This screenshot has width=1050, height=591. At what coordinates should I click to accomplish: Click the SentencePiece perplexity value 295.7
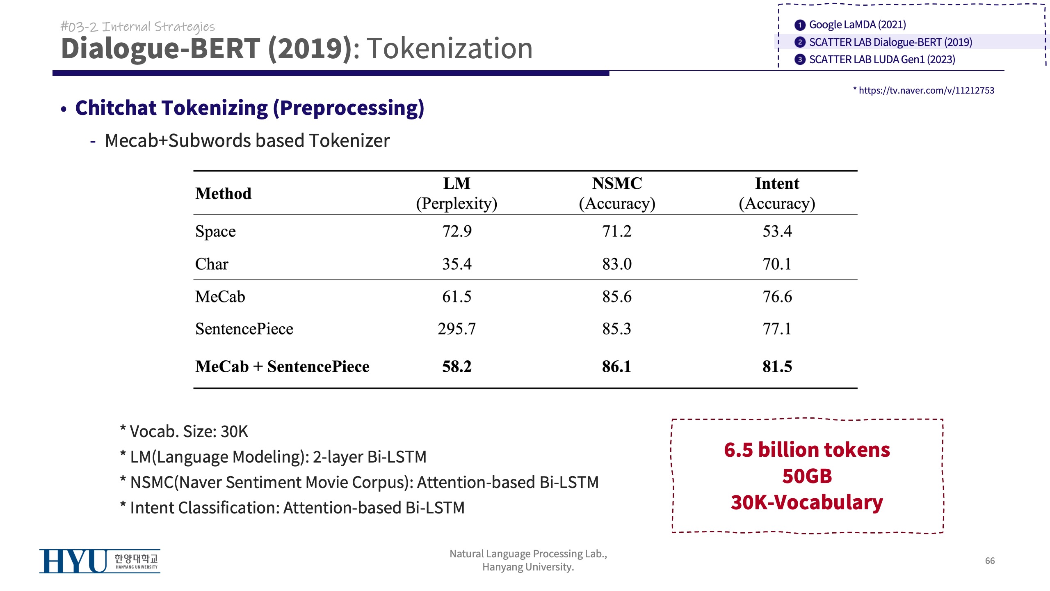457,329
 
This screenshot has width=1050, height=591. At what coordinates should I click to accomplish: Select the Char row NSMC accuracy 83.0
617,264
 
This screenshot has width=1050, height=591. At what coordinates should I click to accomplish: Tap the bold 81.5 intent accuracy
777,367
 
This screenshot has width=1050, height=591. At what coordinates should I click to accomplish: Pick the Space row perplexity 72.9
457,231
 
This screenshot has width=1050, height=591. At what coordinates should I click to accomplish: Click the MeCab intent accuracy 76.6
777,297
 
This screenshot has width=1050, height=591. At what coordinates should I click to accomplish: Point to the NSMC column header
617,183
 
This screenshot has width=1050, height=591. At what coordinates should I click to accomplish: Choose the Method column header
223,194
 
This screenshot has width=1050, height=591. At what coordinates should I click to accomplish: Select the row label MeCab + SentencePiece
282,367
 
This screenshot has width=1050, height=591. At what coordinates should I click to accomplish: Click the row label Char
212,264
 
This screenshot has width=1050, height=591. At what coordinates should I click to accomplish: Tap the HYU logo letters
73,561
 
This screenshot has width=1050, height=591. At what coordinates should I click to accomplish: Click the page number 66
990,561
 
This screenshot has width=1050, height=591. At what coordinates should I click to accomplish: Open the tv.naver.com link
926,90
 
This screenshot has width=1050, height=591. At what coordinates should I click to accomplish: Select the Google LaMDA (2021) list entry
857,25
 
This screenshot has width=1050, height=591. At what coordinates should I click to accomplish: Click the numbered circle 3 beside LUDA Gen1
799,60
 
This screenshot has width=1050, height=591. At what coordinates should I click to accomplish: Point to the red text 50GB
807,476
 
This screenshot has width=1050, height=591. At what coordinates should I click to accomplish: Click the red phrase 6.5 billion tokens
807,450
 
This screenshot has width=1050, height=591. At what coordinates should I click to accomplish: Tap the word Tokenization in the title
450,48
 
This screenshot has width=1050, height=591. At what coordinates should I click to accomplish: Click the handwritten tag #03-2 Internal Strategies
138,27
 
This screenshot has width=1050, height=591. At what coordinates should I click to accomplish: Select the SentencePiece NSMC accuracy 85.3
617,329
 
